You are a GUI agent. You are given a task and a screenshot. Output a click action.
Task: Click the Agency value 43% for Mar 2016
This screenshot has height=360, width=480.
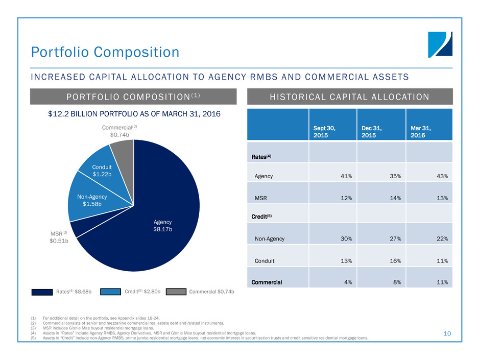pos(442,176)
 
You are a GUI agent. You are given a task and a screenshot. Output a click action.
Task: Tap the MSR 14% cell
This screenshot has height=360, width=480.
pos(395,197)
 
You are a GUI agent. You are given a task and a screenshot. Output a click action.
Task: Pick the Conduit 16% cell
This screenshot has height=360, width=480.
pos(395,261)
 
